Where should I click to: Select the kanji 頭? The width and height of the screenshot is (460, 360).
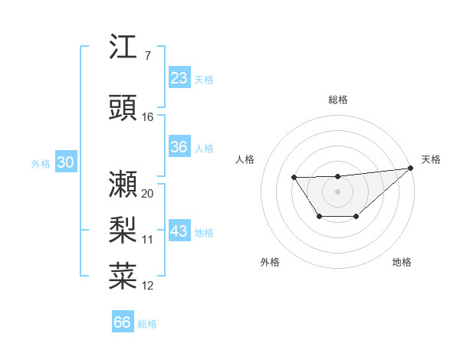[x=123, y=108]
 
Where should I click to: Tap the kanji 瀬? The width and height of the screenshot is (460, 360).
[x=123, y=185]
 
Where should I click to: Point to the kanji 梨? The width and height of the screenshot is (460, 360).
[x=123, y=231]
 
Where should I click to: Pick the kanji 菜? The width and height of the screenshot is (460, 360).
[x=123, y=277]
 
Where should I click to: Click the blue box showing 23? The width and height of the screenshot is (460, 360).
[x=179, y=78]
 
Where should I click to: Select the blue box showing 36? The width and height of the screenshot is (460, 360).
[x=179, y=147]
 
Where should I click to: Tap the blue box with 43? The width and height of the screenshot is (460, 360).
[x=179, y=231]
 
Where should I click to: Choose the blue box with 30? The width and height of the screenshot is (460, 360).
[x=65, y=162]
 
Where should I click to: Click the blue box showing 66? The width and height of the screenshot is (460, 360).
[x=123, y=322]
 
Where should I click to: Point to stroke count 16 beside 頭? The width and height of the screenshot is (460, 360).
[x=148, y=117]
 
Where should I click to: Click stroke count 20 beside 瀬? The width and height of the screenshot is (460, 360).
[x=148, y=194]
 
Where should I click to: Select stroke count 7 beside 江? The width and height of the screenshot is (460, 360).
[x=147, y=56]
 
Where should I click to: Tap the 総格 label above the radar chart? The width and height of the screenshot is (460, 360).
[x=338, y=100]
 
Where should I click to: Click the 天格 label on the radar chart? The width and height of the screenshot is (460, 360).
[x=431, y=159]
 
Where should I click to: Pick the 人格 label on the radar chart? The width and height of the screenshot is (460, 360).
[x=245, y=159]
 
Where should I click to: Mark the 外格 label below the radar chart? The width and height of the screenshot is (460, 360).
[x=270, y=262]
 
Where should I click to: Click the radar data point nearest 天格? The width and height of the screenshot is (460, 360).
[x=410, y=169]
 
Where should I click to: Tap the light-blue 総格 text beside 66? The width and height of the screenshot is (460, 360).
[x=147, y=324]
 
